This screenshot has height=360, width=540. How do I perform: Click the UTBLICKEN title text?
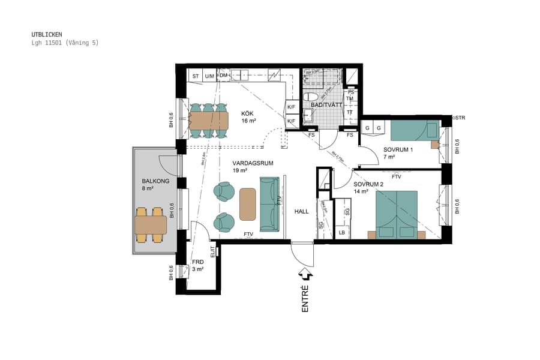click(x=47, y=34)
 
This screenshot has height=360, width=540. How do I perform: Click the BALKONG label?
click(x=155, y=181)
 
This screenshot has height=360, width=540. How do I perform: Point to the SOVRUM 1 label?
click(x=398, y=150)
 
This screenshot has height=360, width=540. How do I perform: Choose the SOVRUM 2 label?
click(x=368, y=184)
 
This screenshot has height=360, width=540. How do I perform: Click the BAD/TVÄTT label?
click(x=326, y=106)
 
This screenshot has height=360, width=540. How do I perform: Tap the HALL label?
click(x=301, y=211)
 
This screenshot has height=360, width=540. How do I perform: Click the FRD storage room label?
click(x=197, y=262)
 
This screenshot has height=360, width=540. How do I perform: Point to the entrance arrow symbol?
click(x=305, y=274)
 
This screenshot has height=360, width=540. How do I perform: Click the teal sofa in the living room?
click(x=270, y=204)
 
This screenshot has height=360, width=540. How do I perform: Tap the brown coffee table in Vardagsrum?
click(x=247, y=204)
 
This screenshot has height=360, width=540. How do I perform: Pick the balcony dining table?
click(x=151, y=225)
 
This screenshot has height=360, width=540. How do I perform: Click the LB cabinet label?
click(x=342, y=232)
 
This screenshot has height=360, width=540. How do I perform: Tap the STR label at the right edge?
click(x=460, y=118)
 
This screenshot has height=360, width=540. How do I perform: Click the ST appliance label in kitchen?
click(x=196, y=76)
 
